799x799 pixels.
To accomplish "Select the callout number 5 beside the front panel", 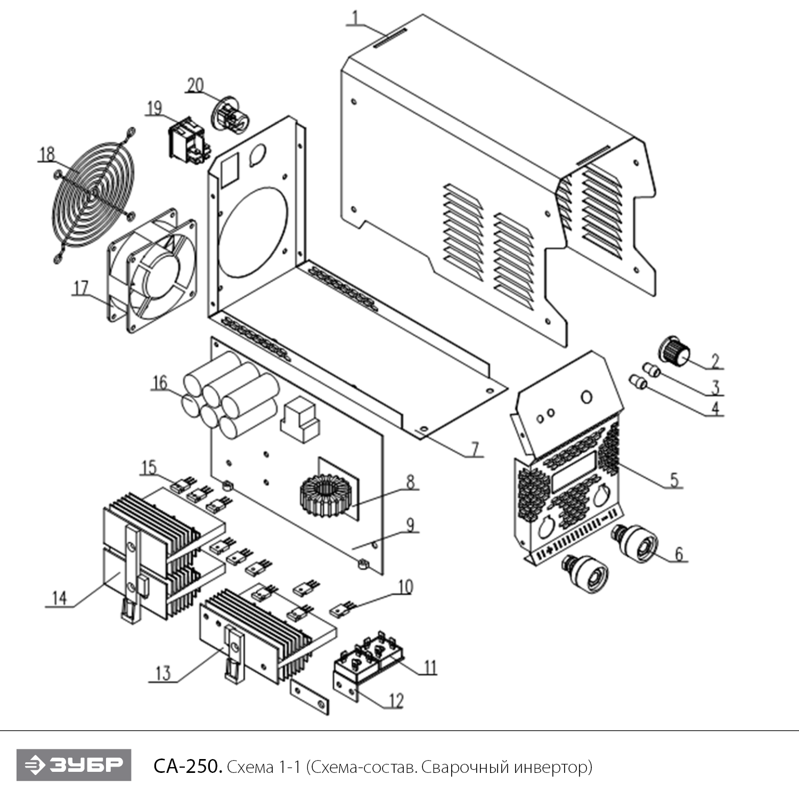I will (674, 480).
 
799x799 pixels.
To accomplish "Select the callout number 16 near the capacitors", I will (160, 383).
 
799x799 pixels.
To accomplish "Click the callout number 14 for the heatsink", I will (59, 598).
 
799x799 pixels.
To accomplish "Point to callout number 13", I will (162, 673).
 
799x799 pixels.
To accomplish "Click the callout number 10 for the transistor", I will (405, 587).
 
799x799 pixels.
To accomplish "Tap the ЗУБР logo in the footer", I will (74, 765).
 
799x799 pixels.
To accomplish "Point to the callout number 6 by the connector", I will (679, 554).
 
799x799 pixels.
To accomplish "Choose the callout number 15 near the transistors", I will (149, 467).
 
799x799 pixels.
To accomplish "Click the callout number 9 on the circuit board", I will (410, 525).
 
